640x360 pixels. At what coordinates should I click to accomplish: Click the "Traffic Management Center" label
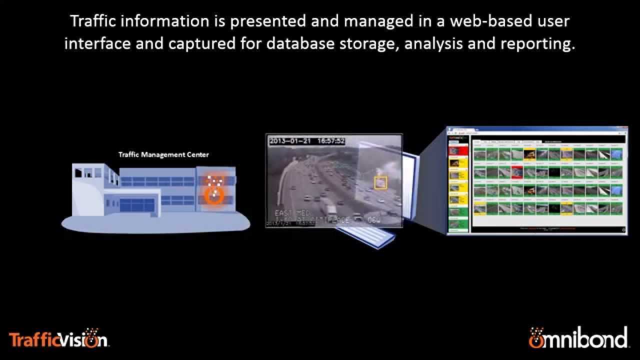[x=163, y=154]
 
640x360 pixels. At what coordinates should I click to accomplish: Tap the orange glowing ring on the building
[x=214, y=194]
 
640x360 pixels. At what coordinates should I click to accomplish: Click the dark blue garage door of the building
[x=137, y=204]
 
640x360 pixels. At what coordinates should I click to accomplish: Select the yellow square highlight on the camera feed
[x=380, y=183]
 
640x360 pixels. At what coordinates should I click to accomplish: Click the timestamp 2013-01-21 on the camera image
[x=290, y=141]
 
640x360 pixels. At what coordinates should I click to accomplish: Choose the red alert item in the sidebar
[x=457, y=150]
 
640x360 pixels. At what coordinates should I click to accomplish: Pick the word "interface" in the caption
[x=92, y=44]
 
